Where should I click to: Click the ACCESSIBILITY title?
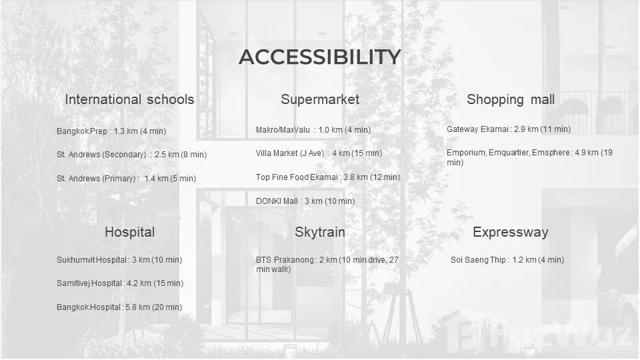click(x=319, y=57)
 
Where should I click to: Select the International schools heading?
click(x=129, y=99)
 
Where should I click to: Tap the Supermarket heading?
click(x=320, y=99)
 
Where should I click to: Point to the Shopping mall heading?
click(x=511, y=99)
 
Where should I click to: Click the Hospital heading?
click(x=130, y=232)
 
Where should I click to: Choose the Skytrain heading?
click(x=320, y=232)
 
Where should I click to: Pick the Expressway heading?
click(x=511, y=232)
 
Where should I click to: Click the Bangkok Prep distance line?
click(x=111, y=131)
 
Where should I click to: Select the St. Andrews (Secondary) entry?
click(x=132, y=155)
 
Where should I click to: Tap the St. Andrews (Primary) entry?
click(x=127, y=179)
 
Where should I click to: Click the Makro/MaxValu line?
click(x=313, y=130)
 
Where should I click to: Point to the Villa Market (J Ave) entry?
click(x=319, y=153)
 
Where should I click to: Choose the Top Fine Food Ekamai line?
click(x=328, y=177)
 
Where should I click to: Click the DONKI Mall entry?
click(x=305, y=201)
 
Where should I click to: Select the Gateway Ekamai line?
click(x=509, y=129)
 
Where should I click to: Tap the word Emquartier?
click(x=509, y=153)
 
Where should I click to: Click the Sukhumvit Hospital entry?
click(x=119, y=260)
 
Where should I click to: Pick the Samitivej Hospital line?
click(x=120, y=283)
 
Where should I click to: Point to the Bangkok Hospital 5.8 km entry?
click(x=119, y=307)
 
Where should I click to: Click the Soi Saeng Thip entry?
click(x=507, y=260)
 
